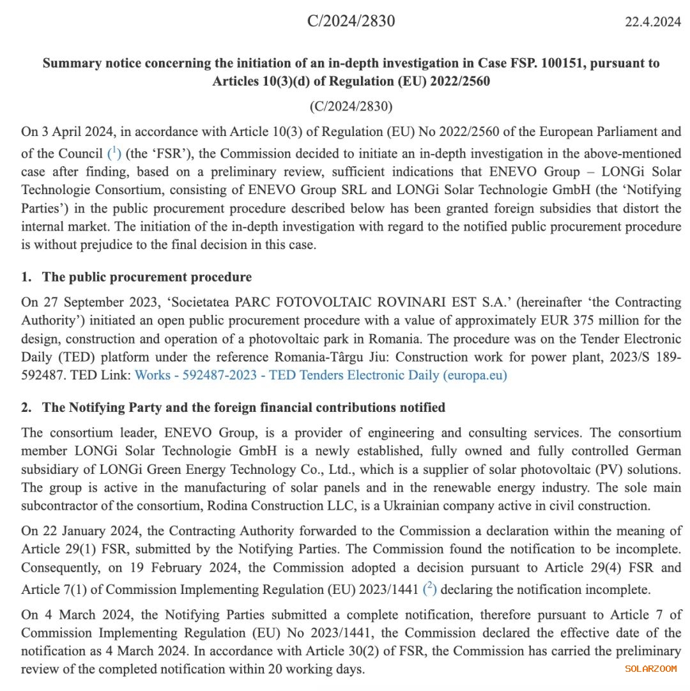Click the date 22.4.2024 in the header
tap(652, 22)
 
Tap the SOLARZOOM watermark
tap(650, 669)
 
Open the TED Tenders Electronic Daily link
tap(321, 376)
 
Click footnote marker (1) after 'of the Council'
tap(114, 153)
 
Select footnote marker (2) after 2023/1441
tap(430, 589)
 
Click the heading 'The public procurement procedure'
tap(146, 277)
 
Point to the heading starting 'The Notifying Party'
tap(243, 407)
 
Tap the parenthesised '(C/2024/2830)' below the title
tap(351, 106)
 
